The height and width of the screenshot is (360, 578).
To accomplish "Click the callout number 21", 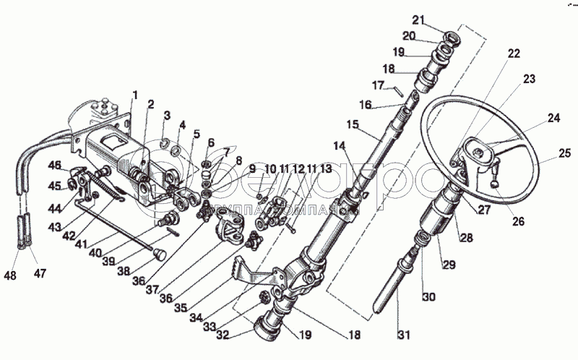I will coord(440,19).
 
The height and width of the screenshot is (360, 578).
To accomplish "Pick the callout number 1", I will coord(134,95).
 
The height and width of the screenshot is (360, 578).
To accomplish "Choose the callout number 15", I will coord(352,124).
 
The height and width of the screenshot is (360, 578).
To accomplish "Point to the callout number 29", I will coord(449,265).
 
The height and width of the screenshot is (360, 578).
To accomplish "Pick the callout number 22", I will coord(513,53).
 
